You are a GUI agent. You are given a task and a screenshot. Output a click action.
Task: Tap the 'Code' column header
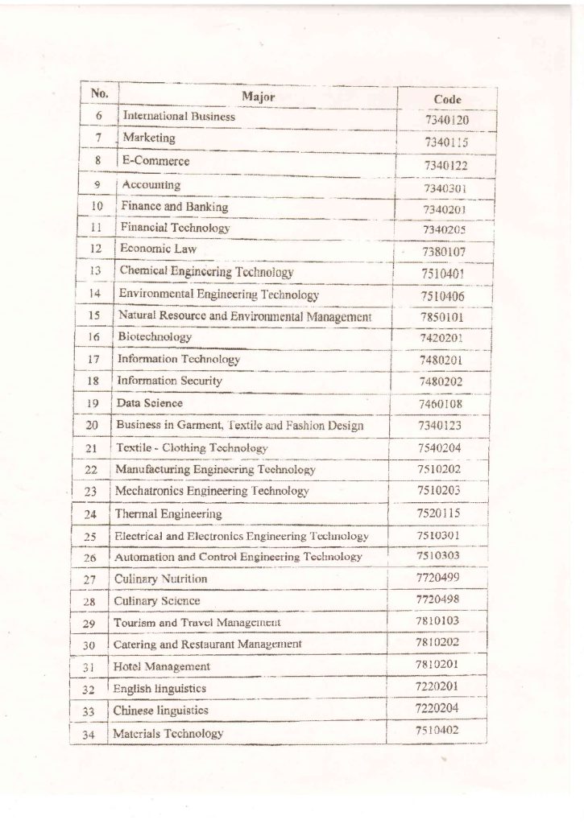(447, 99)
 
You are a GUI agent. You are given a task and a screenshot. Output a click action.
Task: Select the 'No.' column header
(99, 93)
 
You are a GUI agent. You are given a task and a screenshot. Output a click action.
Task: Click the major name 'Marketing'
(148, 138)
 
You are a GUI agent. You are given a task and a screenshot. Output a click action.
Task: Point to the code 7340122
(446, 166)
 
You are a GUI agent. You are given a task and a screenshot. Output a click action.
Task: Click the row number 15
(94, 316)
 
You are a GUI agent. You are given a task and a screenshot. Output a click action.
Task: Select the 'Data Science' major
(150, 403)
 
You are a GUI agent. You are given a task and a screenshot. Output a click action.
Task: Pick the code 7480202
(441, 382)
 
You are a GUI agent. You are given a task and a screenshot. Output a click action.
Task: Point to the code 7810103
(437, 620)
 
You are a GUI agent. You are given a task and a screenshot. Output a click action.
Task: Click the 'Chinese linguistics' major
(160, 711)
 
